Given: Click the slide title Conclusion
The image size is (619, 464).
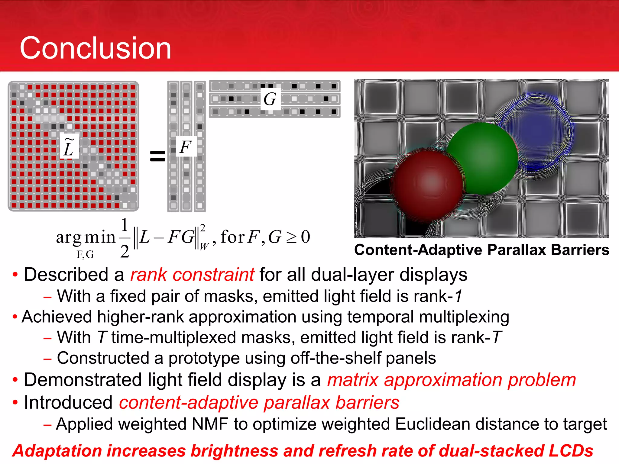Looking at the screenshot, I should point(96,48).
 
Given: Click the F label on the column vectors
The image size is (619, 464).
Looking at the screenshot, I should point(186,147).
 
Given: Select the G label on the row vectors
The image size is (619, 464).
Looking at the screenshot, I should point(270,99).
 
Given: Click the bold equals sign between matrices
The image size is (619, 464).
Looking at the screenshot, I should point(158,156).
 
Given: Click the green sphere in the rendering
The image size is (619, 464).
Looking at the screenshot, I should point(483,157).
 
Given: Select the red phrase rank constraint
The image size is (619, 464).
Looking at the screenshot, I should point(192,275).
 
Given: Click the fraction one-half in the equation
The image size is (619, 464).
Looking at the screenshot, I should point(125,238).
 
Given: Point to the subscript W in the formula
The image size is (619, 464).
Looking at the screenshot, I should point(204,246).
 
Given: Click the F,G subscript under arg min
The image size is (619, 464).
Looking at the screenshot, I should point(85,255).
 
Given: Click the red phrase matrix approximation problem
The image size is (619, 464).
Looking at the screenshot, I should point(452,380).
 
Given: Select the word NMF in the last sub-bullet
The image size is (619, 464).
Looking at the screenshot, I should point(210,424).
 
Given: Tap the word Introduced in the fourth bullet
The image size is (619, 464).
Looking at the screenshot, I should point(68,403).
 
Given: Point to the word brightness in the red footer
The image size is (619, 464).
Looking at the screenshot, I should point(234,451).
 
